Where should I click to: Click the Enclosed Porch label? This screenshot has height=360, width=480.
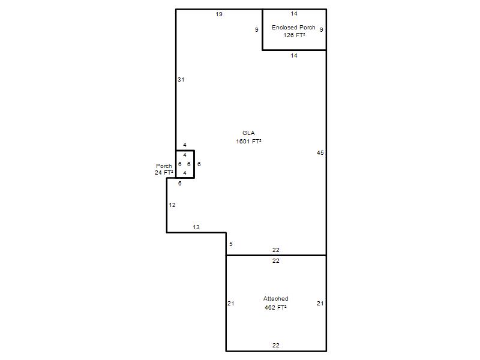click(293, 27)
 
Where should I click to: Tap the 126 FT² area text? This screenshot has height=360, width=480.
click(294, 35)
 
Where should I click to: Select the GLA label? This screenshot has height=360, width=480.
click(248, 133)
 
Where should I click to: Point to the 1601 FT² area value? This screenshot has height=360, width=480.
click(248, 141)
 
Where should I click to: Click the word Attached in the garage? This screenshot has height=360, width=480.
click(275, 298)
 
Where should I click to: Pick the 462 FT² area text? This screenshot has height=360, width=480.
click(275, 307)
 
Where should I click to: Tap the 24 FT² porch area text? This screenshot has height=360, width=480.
click(164, 173)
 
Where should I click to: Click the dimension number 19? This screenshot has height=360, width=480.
click(219, 14)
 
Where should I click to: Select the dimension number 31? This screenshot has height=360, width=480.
click(181, 80)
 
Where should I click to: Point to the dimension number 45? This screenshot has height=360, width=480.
click(320, 152)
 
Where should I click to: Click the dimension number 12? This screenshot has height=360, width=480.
click(172, 205)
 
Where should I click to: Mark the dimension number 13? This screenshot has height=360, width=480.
click(196, 227)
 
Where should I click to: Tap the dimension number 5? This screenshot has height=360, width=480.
click(231, 244)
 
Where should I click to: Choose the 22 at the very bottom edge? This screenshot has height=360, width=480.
click(276, 346)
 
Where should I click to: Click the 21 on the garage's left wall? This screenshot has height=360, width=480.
click(231, 304)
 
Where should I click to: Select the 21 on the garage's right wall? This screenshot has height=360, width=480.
click(320, 304)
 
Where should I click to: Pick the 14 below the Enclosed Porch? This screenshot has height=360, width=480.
click(294, 55)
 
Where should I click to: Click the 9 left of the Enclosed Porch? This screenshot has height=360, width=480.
click(257, 29)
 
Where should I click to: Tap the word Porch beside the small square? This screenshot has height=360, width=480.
click(164, 166)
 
